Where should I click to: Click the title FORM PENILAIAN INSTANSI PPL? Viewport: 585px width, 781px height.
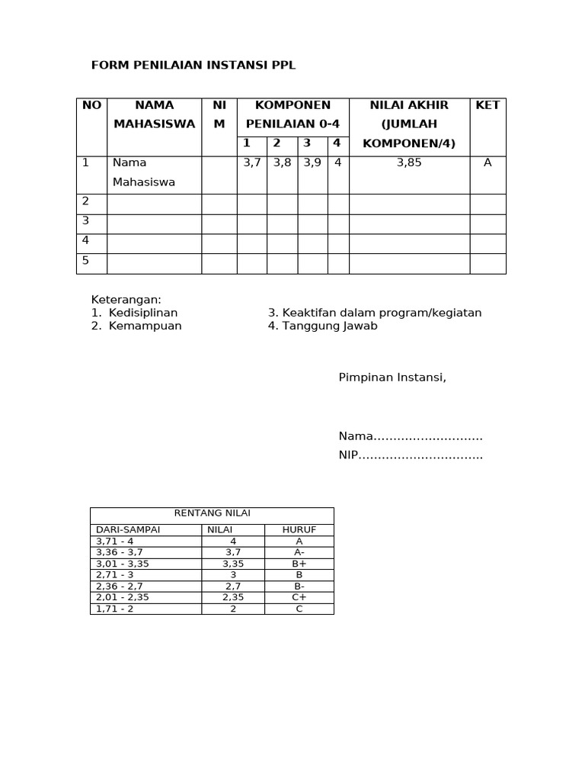(x=193, y=66)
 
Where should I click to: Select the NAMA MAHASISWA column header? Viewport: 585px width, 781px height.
(x=154, y=114)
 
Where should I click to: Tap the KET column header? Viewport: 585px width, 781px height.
(x=487, y=105)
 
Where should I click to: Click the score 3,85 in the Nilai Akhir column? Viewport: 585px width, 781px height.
(x=409, y=162)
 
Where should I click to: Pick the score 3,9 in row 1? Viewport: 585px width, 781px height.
(x=312, y=162)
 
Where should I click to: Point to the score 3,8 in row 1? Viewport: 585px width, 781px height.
(x=282, y=162)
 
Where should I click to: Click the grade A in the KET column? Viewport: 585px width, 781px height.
(x=487, y=162)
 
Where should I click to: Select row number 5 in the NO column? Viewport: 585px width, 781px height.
(x=86, y=261)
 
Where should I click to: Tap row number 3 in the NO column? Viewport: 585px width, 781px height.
(x=86, y=221)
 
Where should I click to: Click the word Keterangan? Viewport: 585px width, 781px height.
(x=126, y=300)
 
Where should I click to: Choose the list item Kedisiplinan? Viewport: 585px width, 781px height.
(x=143, y=313)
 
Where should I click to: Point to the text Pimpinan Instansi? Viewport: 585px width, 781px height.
(x=392, y=377)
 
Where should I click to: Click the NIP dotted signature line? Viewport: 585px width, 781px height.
(x=411, y=455)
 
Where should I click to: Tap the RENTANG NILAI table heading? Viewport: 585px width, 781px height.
(x=213, y=513)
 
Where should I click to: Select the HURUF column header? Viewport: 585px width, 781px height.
(x=299, y=529)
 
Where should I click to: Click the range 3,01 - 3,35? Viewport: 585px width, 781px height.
(x=122, y=564)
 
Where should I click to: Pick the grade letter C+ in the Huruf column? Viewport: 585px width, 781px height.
(x=299, y=597)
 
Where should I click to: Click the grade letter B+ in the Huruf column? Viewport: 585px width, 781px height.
(x=299, y=564)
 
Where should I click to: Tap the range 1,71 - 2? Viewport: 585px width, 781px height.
(x=114, y=609)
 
